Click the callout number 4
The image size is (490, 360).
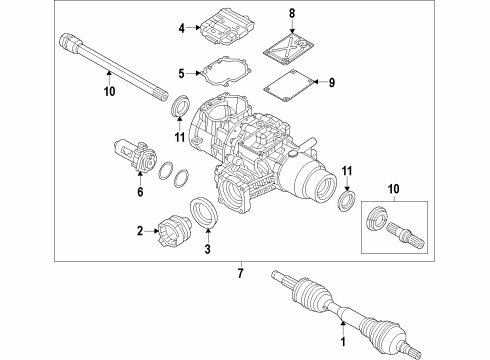(181, 30)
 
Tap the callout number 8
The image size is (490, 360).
(292, 13)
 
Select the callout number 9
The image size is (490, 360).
(332, 82)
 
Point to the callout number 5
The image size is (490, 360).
(181, 73)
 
